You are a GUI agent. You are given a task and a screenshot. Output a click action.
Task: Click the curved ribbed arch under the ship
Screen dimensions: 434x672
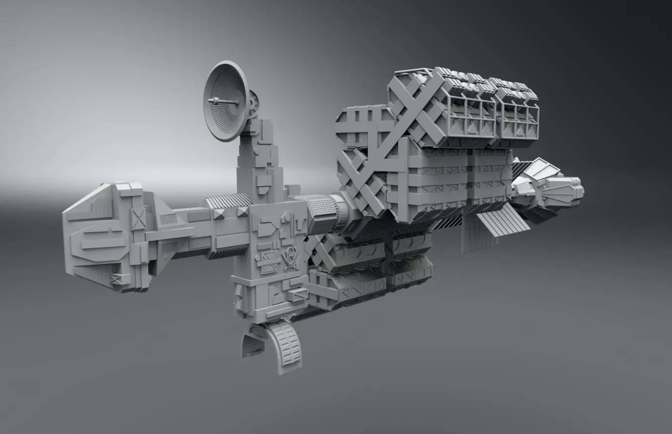pos(286,343)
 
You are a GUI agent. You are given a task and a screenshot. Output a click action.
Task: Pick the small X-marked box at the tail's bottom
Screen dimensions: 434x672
pos(116,279)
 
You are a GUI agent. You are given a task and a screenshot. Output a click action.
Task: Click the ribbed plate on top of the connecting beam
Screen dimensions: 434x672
pos(229,200)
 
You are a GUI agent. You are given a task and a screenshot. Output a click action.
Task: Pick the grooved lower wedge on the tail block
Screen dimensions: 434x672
pos(94,275)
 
